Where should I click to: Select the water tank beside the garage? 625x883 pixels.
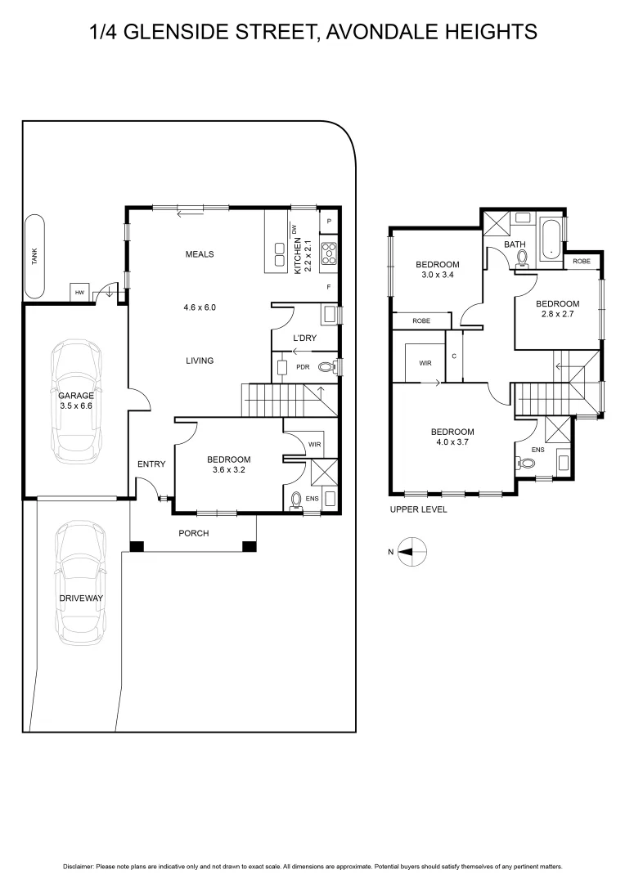pos(35,257)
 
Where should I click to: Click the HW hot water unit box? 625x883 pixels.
pos(79,292)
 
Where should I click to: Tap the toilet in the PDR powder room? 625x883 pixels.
pos(326,368)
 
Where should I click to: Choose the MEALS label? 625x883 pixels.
pos(199,254)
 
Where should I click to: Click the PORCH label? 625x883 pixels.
pos(194,533)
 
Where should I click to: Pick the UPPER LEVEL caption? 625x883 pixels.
pos(418,509)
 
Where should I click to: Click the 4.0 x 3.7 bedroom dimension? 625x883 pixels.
pos(452,442)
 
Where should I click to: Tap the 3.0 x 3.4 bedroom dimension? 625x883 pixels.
pos(437,276)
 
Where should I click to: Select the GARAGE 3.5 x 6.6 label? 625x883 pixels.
pos(75,400)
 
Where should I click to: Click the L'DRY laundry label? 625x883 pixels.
pos(304,338)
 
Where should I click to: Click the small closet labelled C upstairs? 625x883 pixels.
pos(454,356)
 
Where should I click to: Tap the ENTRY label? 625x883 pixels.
pos(151,464)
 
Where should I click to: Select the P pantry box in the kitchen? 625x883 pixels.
pos(328,221)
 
